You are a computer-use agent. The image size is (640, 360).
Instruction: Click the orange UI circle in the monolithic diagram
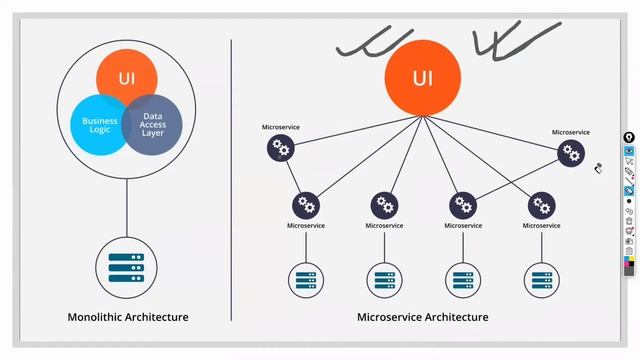click(x=127, y=77)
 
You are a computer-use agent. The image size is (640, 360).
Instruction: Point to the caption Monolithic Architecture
click(x=127, y=318)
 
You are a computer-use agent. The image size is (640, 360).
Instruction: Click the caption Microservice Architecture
click(x=423, y=318)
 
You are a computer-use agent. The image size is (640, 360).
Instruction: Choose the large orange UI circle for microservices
click(x=423, y=78)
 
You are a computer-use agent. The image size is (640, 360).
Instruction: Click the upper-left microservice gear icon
click(x=281, y=150)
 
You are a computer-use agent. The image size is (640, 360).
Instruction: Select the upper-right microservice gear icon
click(x=571, y=153)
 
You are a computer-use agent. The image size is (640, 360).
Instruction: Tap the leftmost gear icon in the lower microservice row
click(x=306, y=206)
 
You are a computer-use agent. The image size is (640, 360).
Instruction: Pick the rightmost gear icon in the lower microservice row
click(x=542, y=206)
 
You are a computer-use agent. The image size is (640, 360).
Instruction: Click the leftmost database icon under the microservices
click(x=306, y=279)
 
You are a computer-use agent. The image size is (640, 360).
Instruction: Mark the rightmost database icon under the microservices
click(x=542, y=279)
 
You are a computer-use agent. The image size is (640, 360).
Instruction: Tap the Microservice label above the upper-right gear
click(x=571, y=132)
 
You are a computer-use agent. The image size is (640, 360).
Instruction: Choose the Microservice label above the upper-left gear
click(x=281, y=128)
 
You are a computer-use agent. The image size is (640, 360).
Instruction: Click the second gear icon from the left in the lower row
click(x=385, y=206)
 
